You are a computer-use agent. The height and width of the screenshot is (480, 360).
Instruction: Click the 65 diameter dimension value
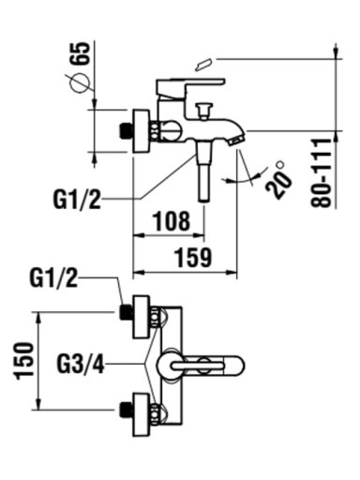82,53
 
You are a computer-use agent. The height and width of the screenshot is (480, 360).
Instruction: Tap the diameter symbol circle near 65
80,83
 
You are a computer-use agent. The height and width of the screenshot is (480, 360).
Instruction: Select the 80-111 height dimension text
321,172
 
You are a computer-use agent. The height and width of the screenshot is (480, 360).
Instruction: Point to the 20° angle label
278,179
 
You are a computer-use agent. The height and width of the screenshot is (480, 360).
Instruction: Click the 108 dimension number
172,221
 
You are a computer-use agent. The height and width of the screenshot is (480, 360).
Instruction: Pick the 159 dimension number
193,258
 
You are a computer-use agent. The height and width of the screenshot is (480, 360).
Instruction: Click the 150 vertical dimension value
24,361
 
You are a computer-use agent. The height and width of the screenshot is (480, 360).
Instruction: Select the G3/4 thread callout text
81,364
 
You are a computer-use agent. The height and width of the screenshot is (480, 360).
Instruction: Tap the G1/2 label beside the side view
77,199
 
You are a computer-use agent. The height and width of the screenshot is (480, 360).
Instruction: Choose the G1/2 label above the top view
53,277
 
